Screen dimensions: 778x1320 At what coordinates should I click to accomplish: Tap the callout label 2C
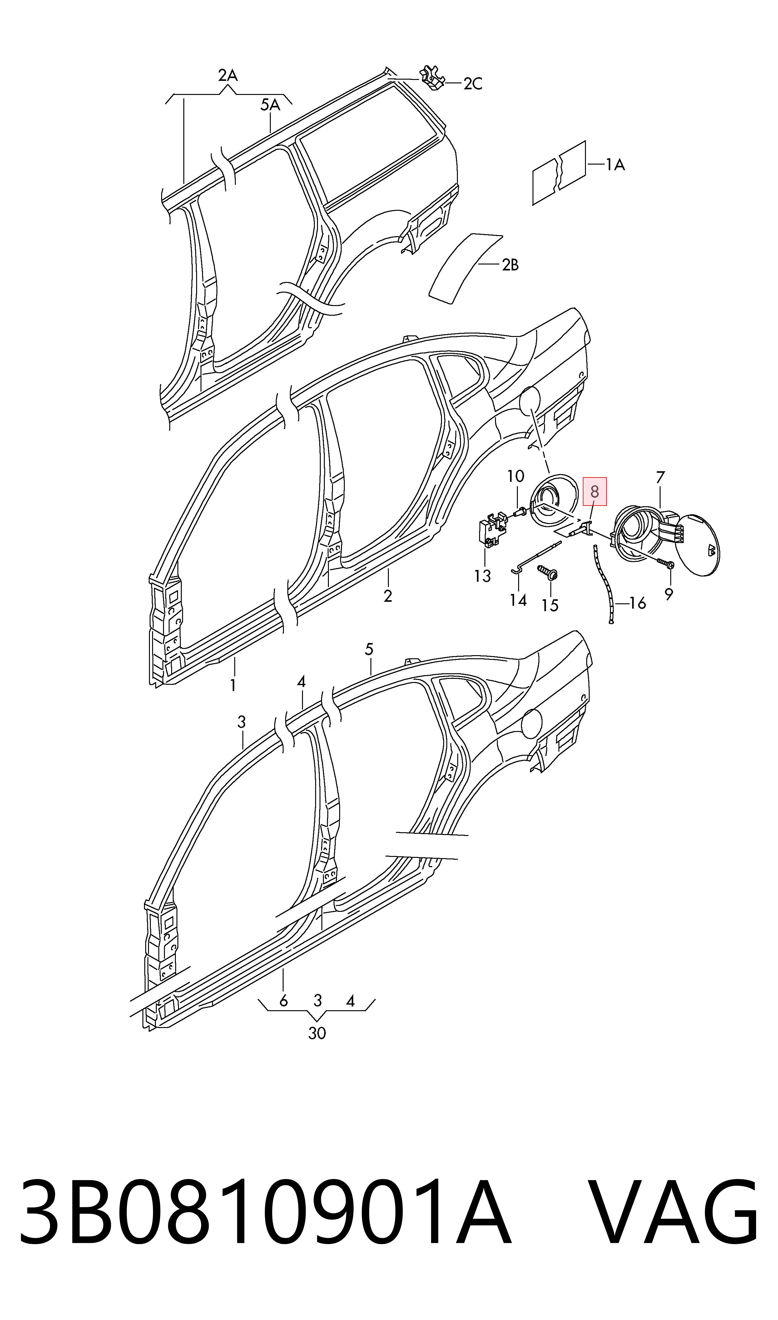click(x=472, y=84)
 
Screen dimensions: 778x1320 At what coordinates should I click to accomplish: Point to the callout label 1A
click(x=616, y=165)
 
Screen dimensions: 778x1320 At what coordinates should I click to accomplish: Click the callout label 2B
click(x=510, y=265)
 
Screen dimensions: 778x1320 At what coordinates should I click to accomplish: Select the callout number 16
click(x=637, y=604)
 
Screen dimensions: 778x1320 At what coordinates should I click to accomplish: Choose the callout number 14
click(x=518, y=600)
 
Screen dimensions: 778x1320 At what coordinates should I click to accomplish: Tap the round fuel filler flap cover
click(x=697, y=546)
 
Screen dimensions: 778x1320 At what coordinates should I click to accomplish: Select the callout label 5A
click(x=270, y=105)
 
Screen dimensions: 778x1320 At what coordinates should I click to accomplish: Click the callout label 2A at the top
click(x=228, y=76)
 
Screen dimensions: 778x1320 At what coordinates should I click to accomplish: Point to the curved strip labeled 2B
click(x=466, y=267)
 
